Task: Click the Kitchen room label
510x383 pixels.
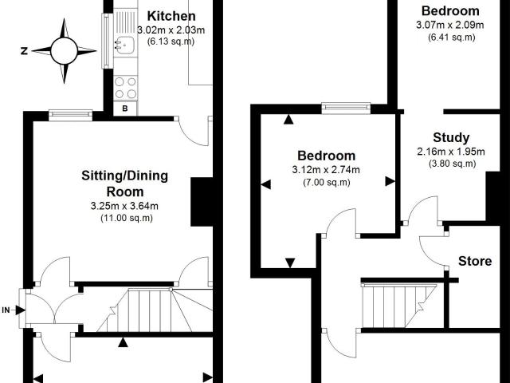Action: coord(171,16)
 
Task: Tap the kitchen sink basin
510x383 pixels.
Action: coord(126,45)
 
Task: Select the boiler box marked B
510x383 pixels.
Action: coord(125,109)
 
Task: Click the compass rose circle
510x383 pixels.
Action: coord(64,51)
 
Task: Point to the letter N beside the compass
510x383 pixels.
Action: coord(24,51)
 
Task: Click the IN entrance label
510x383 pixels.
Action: coord(6,310)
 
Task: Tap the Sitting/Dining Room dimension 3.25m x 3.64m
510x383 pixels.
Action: coord(124,206)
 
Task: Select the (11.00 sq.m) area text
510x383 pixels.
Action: coord(127,218)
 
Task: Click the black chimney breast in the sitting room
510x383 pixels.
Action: coord(202,202)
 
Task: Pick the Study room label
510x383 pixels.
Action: coord(451,137)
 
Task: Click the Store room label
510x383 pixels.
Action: coord(475,261)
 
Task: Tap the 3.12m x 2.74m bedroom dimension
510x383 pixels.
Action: coord(326,170)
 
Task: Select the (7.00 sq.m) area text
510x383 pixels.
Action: coord(327,182)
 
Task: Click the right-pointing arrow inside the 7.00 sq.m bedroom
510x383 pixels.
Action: coord(390,181)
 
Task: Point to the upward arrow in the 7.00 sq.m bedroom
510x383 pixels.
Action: coord(288,120)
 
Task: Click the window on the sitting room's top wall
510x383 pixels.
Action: coord(71,114)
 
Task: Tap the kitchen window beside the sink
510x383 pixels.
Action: coord(107,41)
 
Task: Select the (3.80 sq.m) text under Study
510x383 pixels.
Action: coord(452,164)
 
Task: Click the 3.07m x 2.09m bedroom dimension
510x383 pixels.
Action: coord(449,25)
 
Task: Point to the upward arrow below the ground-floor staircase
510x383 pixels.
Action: coord(123,342)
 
